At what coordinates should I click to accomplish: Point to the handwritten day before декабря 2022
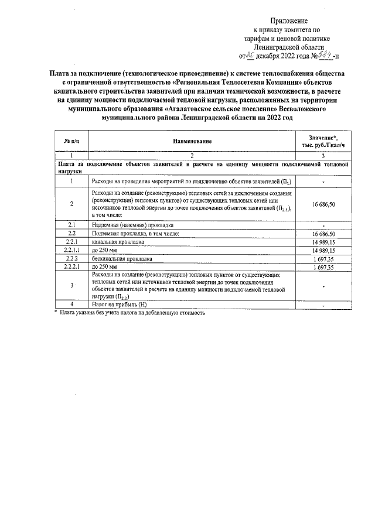coord(252,56)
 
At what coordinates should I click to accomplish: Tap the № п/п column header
coord(71,141)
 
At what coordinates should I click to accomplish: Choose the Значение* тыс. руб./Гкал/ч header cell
coord(323,141)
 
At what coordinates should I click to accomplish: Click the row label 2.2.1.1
coord(71,250)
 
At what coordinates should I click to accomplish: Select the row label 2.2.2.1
coord(71,266)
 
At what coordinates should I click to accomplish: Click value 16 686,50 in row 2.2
coord(323,234)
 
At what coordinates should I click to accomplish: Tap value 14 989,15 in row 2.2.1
coord(323,242)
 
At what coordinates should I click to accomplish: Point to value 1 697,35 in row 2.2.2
coord(323,258)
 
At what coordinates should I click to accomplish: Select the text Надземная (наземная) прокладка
coord(132,225)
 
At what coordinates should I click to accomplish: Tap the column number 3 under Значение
coord(323,156)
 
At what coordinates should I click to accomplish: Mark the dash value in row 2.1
coord(323,225)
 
